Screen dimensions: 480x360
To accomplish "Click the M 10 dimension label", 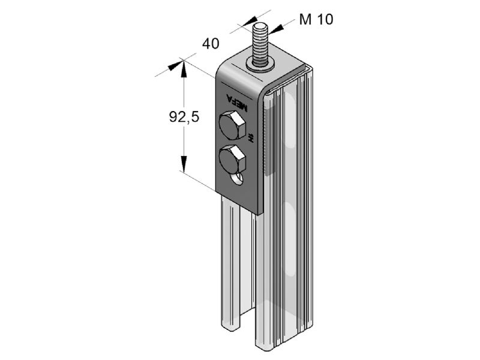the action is (x=316, y=19).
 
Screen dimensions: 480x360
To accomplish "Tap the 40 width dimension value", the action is (x=211, y=43).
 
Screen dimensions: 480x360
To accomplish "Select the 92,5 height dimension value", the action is (x=184, y=116).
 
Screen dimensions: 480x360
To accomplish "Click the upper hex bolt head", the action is (x=232, y=125).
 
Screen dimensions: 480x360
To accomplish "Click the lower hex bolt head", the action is (x=232, y=159).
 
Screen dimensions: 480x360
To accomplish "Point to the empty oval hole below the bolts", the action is (x=237, y=178).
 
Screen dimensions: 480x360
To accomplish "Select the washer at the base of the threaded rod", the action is (x=260, y=65).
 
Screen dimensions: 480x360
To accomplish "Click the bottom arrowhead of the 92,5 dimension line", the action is (x=184, y=164).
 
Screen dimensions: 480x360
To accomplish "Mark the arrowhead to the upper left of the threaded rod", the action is (x=250, y=22).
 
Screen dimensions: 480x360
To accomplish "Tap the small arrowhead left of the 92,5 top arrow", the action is (x=175, y=66).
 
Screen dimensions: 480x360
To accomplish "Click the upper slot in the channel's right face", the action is (x=290, y=120).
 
